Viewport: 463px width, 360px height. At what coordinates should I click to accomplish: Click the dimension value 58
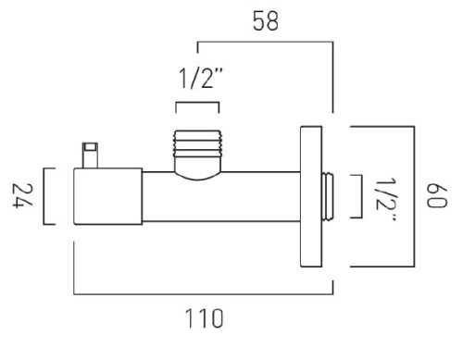pyautogui.click(x=266, y=21)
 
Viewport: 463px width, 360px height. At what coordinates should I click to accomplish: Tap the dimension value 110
pyautogui.click(x=204, y=318)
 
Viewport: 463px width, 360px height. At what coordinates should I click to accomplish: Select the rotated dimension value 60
pyautogui.click(x=436, y=196)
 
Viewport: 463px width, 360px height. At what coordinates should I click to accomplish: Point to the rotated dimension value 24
pyautogui.click(x=22, y=196)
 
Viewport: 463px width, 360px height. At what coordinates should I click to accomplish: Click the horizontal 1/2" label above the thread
pyautogui.click(x=201, y=79)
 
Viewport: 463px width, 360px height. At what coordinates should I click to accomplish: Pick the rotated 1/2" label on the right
pyautogui.click(x=386, y=199)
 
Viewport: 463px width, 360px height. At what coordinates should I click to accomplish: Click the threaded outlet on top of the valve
pyautogui.click(x=197, y=143)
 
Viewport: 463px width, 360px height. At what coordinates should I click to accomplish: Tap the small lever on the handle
pyautogui.click(x=90, y=155)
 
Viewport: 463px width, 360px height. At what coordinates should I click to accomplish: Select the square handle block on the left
pyautogui.click(x=108, y=196)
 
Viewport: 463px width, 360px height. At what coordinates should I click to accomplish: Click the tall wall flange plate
pyautogui.click(x=311, y=196)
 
